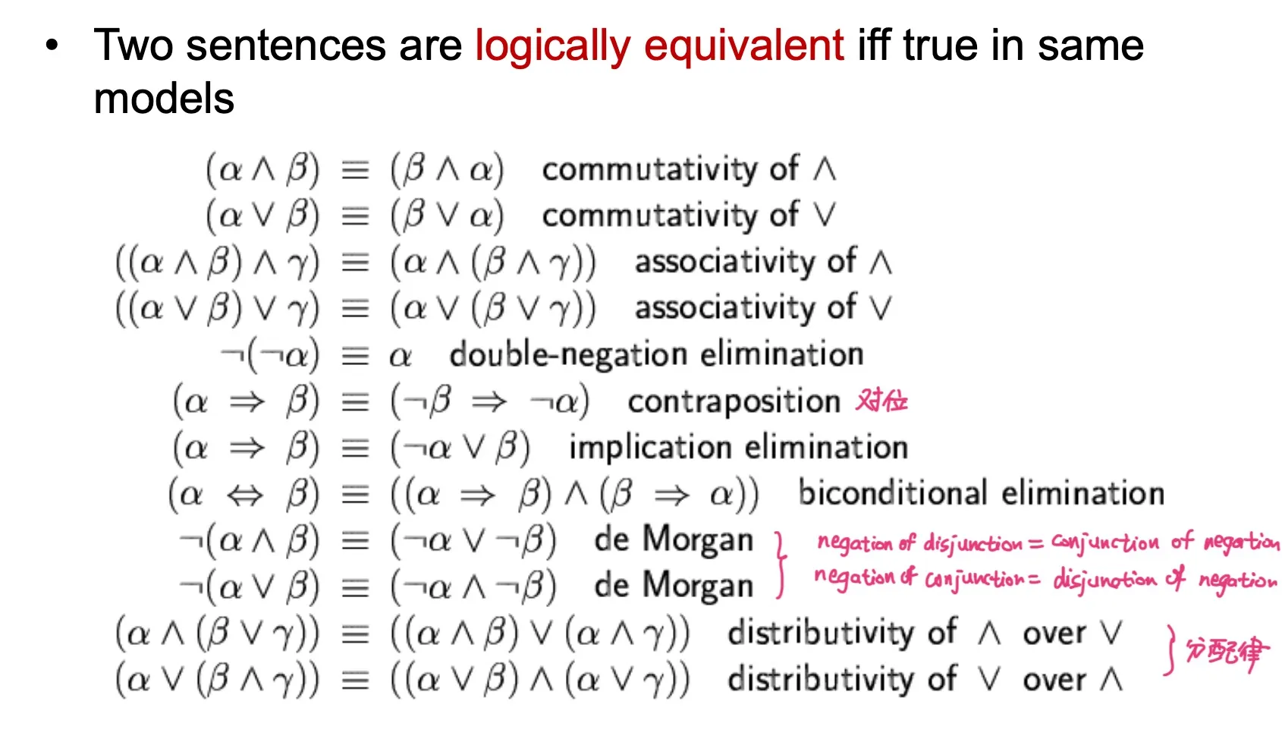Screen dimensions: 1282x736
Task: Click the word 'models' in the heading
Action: click(x=164, y=98)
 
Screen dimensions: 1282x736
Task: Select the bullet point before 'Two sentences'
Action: click(x=52, y=46)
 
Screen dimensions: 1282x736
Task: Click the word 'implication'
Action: click(x=649, y=447)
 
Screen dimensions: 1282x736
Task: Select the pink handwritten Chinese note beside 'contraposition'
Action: click(x=881, y=401)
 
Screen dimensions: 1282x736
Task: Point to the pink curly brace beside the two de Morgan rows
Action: click(x=780, y=565)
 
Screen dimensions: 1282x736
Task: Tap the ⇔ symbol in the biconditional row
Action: click(x=245, y=495)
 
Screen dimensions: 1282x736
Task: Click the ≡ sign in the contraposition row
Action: click(x=355, y=403)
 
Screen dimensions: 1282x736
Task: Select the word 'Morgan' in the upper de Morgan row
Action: click(x=698, y=539)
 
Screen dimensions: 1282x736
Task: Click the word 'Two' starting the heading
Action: click(x=133, y=46)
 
